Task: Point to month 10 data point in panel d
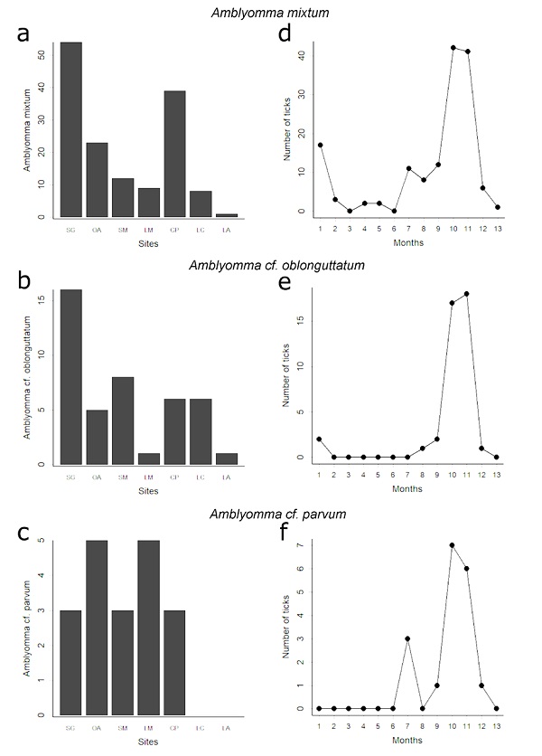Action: pyautogui.click(x=453, y=47)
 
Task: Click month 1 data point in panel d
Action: pyautogui.click(x=320, y=145)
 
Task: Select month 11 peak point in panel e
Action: pyautogui.click(x=466, y=294)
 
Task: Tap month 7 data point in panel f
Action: pyautogui.click(x=407, y=638)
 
